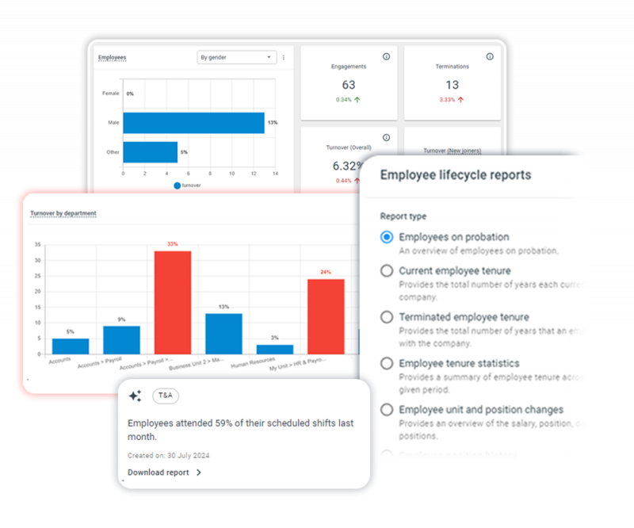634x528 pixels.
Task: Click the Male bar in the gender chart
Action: tap(193, 123)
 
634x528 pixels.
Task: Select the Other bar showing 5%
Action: tap(150, 151)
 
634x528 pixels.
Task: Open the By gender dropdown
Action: tap(236, 57)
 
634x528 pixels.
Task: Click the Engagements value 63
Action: tap(349, 85)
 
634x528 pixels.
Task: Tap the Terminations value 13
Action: tap(452, 85)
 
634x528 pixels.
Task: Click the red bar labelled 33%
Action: tap(173, 301)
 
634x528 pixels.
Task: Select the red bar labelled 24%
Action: tap(326, 316)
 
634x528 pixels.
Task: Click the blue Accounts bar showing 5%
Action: tap(71, 346)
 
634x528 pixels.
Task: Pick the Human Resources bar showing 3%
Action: tap(274, 349)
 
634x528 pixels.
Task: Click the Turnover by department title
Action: tap(63, 213)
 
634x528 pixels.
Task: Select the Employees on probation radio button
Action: tap(387, 237)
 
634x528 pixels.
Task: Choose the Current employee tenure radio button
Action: tap(387, 270)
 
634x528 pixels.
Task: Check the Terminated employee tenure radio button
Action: tap(387, 317)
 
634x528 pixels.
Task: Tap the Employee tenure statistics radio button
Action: tap(387, 363)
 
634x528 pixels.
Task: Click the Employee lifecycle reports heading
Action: tap(456, 175)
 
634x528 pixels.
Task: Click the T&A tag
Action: tap(165, 395)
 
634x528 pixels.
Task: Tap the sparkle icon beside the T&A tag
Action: tap(135, 396)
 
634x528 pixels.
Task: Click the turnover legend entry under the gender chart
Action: tap(189, 186)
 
